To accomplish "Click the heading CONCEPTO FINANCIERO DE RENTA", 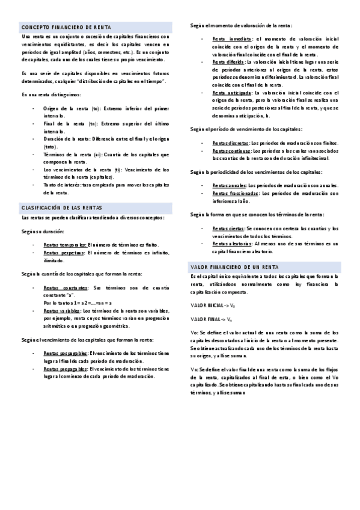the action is pos(57,28).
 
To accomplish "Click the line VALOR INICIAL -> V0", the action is pos(213,306).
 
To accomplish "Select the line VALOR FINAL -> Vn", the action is pos(211,319).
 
